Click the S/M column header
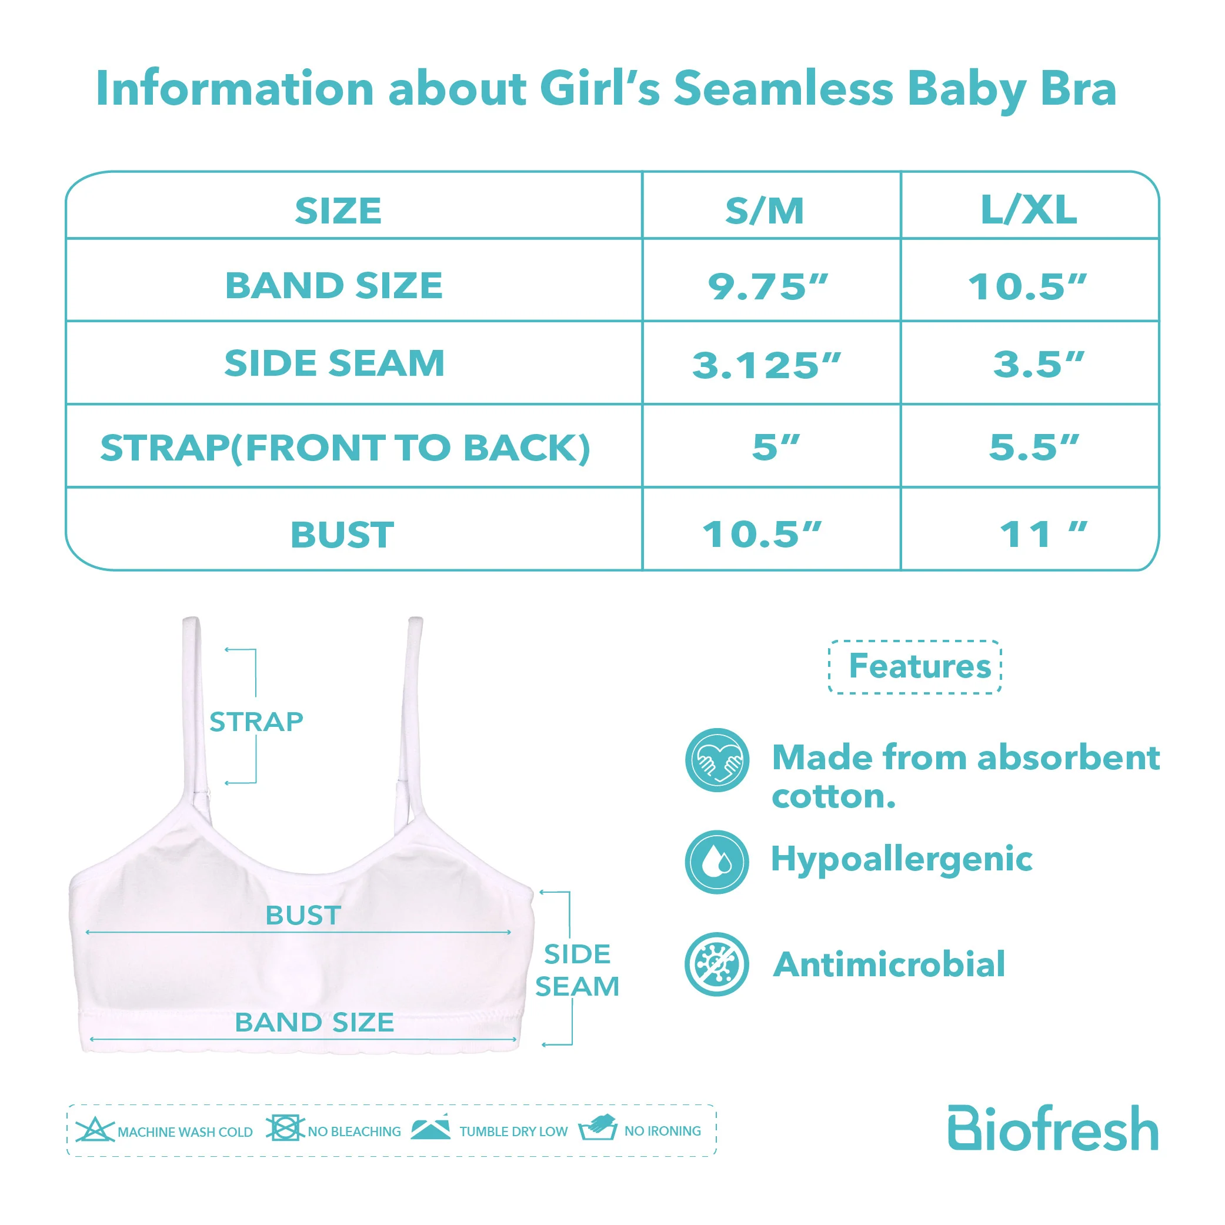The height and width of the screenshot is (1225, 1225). (765, 211)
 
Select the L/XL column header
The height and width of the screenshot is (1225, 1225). (1029, 210)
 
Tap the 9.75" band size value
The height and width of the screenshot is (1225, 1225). (768, 286)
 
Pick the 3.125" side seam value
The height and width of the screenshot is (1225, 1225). (766, 365)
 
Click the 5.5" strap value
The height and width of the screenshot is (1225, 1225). (1033, 447)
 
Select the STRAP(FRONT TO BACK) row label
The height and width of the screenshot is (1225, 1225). (346, 448)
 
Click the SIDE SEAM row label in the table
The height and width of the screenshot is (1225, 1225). (334, 363)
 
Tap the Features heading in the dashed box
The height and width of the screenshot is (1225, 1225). (919, 666)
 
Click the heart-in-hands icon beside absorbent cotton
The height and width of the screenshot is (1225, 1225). (717, 760)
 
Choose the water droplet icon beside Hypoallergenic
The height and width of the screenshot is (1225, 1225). (717, 862)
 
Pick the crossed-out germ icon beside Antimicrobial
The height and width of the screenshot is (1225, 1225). (717, 964)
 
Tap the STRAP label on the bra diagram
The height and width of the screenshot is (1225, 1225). (256, 722)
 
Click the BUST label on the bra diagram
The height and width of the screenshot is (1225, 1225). (303, 915)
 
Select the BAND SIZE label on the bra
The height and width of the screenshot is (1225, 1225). (315, 1022)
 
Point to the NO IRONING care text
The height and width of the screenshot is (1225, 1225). (663, 1131)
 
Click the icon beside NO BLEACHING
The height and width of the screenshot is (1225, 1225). (285, 1128)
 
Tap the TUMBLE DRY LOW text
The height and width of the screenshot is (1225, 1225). (513, 1132)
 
